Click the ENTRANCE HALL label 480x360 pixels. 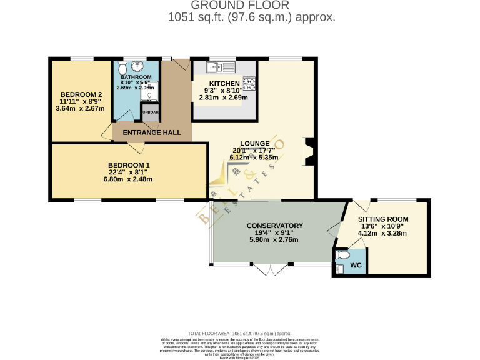pyautogui.click(x=152, y=132)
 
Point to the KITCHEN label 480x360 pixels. pyautogui.click(x=224, y=83)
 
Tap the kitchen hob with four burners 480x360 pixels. pyautogui.click(x=249, y=83)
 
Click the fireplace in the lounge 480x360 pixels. pyautogui.click(x=308, y=152)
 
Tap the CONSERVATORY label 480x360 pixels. pyautogui.click(x=274, y=226)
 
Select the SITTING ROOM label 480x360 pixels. pyautogui.click(x=382, y=219)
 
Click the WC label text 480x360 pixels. pyautogui.click(x=356, y=266)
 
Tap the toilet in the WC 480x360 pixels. pyautogui.click(x=341, y=256)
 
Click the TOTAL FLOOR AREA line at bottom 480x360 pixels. pyautogui.click(x=239, y=334)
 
